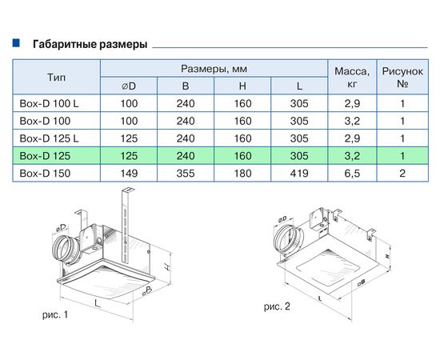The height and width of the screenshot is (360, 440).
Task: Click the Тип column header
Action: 56,77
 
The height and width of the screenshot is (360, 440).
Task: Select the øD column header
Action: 128,86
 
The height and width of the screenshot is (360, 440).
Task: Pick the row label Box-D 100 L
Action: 49,103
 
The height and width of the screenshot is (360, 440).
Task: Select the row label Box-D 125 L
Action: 49,138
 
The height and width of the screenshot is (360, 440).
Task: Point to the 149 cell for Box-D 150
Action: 128,172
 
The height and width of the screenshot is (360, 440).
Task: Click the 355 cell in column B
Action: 186,172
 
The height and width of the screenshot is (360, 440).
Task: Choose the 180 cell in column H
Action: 242,172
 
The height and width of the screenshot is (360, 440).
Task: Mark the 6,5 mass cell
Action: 350,172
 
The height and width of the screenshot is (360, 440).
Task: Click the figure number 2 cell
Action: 402,172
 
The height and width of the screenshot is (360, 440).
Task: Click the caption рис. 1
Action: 56,315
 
